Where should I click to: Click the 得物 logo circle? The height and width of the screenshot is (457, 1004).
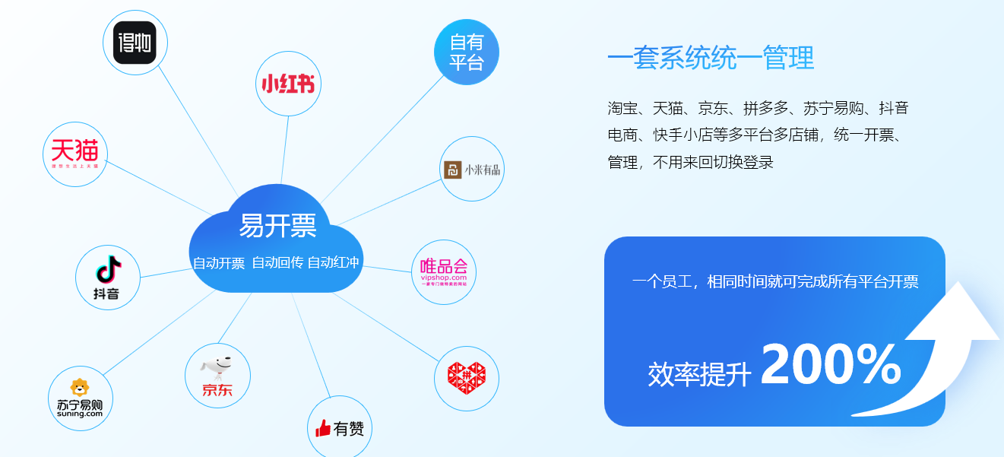pyautogui.click(x=135, y=43)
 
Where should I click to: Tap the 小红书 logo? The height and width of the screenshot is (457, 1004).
pyautogui.click(x=287, y=84)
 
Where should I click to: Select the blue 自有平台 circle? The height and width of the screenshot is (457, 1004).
pyautogui.click(x=466, y=52)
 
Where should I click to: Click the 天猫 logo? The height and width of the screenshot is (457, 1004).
pyautogui.click(x=74, y=154)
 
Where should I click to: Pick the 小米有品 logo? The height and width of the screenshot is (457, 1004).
pyautogui.click(x=472, y=170)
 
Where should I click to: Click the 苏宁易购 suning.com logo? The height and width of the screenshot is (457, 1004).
pyautogui.click(x=80, y=398)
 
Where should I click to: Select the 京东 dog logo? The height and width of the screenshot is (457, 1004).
pyautogui.click(x=217, y=376)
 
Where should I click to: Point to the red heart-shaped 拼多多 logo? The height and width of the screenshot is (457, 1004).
pyautogui.click(x=466, y=379)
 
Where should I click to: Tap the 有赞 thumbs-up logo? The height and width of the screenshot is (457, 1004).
pyautogui.click(x=340, y=428)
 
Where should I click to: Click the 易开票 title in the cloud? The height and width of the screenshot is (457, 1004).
pyautogui.click(x=277, y=225)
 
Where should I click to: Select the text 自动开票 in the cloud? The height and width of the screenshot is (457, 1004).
pyautogui.click(x=219, y=264)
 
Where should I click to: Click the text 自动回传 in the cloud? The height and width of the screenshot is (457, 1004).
pyautogui.click(x=277, y=263)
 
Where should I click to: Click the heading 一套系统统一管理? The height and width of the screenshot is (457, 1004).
pyautogui.click(x=711, y=58)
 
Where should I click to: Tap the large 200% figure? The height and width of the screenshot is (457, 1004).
pyautogui.click(x=831, y=366)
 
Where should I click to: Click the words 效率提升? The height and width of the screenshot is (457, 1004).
pyautogui.click(x=699, y=374)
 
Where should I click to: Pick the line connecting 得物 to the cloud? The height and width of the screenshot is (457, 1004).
pyautogui.click(x=198, y=129)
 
